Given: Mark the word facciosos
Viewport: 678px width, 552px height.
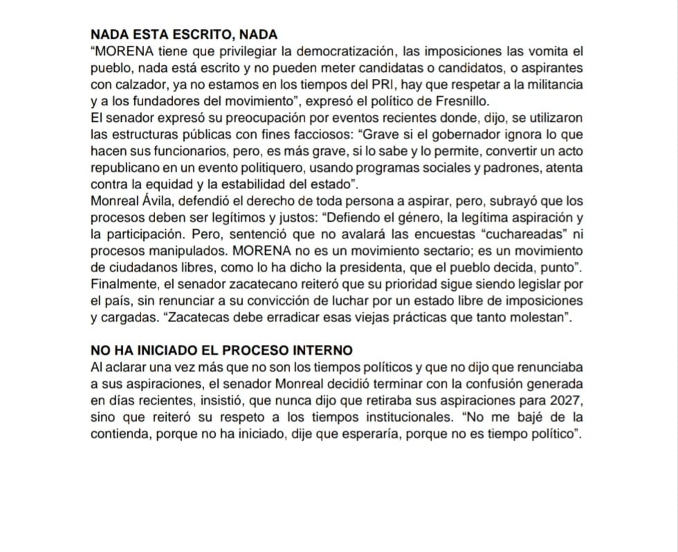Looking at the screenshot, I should (318, 134).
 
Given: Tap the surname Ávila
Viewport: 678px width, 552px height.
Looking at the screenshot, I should (159, 201).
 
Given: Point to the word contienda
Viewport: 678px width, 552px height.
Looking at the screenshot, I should (118, 434).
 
